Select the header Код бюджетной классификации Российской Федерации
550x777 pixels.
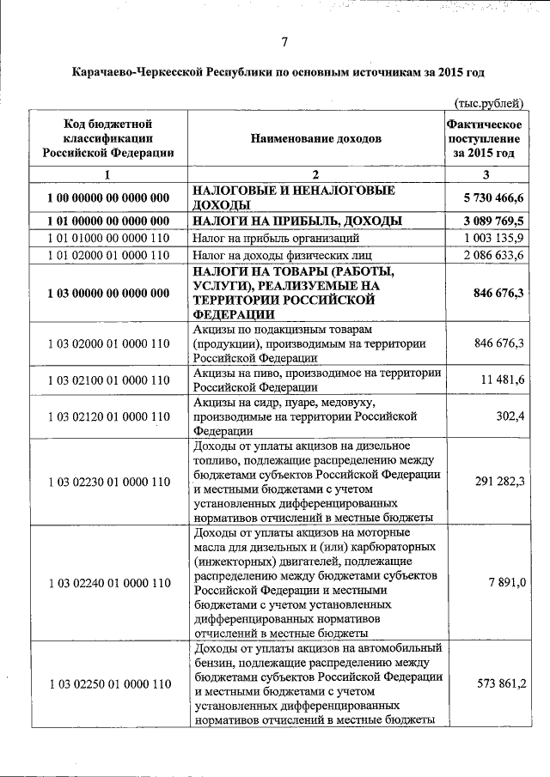(107, 137)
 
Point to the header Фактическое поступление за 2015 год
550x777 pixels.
(485, 137)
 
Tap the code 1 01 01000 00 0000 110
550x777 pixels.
(107, 239)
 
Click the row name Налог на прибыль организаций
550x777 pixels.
(276, 239)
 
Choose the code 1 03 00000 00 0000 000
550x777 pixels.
(107, 293)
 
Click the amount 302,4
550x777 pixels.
(508, 416)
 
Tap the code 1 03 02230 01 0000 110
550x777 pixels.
(107, 482)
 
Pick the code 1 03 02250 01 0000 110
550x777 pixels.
(107, 684)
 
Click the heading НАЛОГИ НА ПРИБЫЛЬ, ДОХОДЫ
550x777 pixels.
(297, 222)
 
